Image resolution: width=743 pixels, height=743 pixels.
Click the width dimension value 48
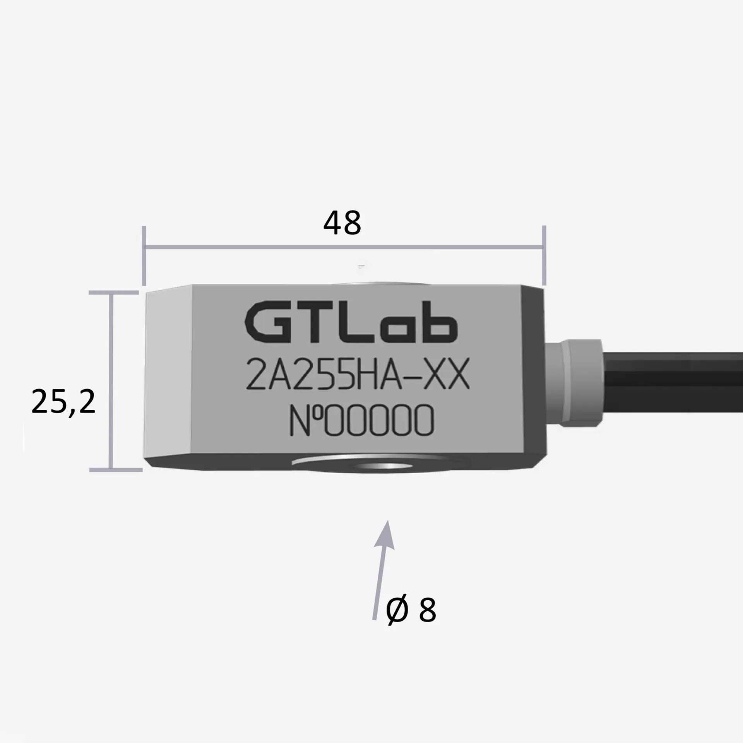pos(342,223)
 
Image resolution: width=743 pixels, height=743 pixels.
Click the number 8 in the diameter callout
pos(427,610)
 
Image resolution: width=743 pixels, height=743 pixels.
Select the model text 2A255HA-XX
pos(358,374)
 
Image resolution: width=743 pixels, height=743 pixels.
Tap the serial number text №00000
pos(361,421)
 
